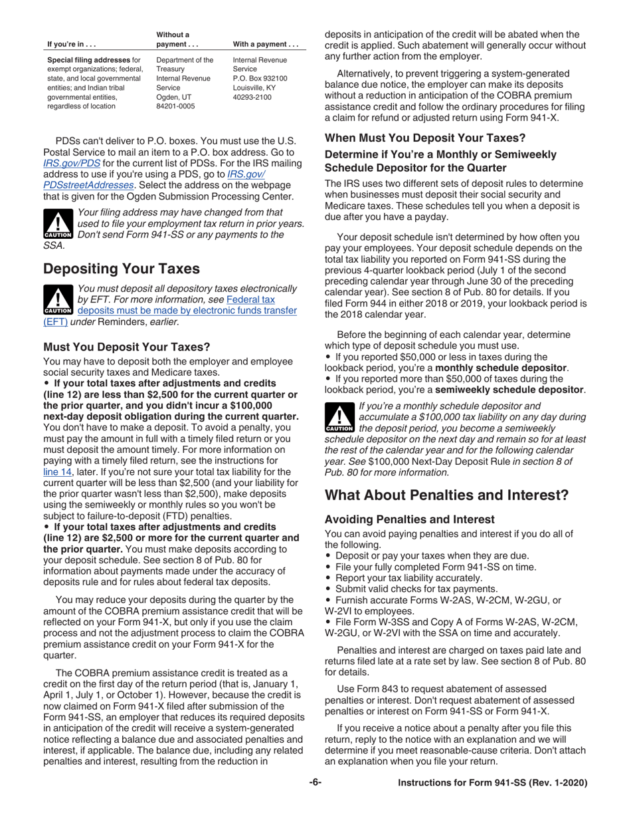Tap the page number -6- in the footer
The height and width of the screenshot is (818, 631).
315,783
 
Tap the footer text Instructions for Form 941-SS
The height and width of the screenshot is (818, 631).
492,783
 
